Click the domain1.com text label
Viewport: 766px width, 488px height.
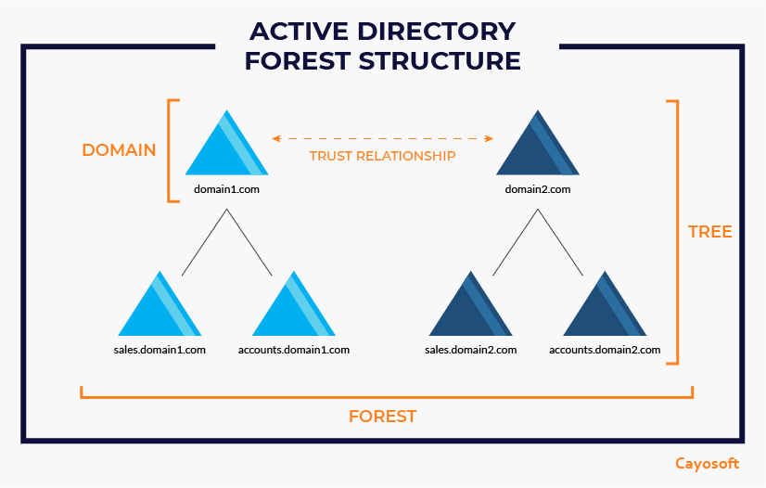point(226,190)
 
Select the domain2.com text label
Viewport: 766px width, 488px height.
point(538,190)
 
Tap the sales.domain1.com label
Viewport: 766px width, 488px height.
point(160,350)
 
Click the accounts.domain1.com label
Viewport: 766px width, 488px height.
point(294,350)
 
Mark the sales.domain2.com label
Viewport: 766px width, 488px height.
point(470,350)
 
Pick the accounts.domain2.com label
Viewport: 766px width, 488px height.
point(605,350)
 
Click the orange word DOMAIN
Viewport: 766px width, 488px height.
point(119,149)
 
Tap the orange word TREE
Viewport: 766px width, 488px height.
point(710,232)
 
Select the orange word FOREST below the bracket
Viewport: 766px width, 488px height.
point(383,417)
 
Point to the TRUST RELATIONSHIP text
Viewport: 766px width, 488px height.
point(383,156)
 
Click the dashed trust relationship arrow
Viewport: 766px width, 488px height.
point(383,139)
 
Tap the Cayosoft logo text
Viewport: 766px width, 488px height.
point(707,463)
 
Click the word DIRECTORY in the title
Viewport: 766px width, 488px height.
point(435,31)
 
